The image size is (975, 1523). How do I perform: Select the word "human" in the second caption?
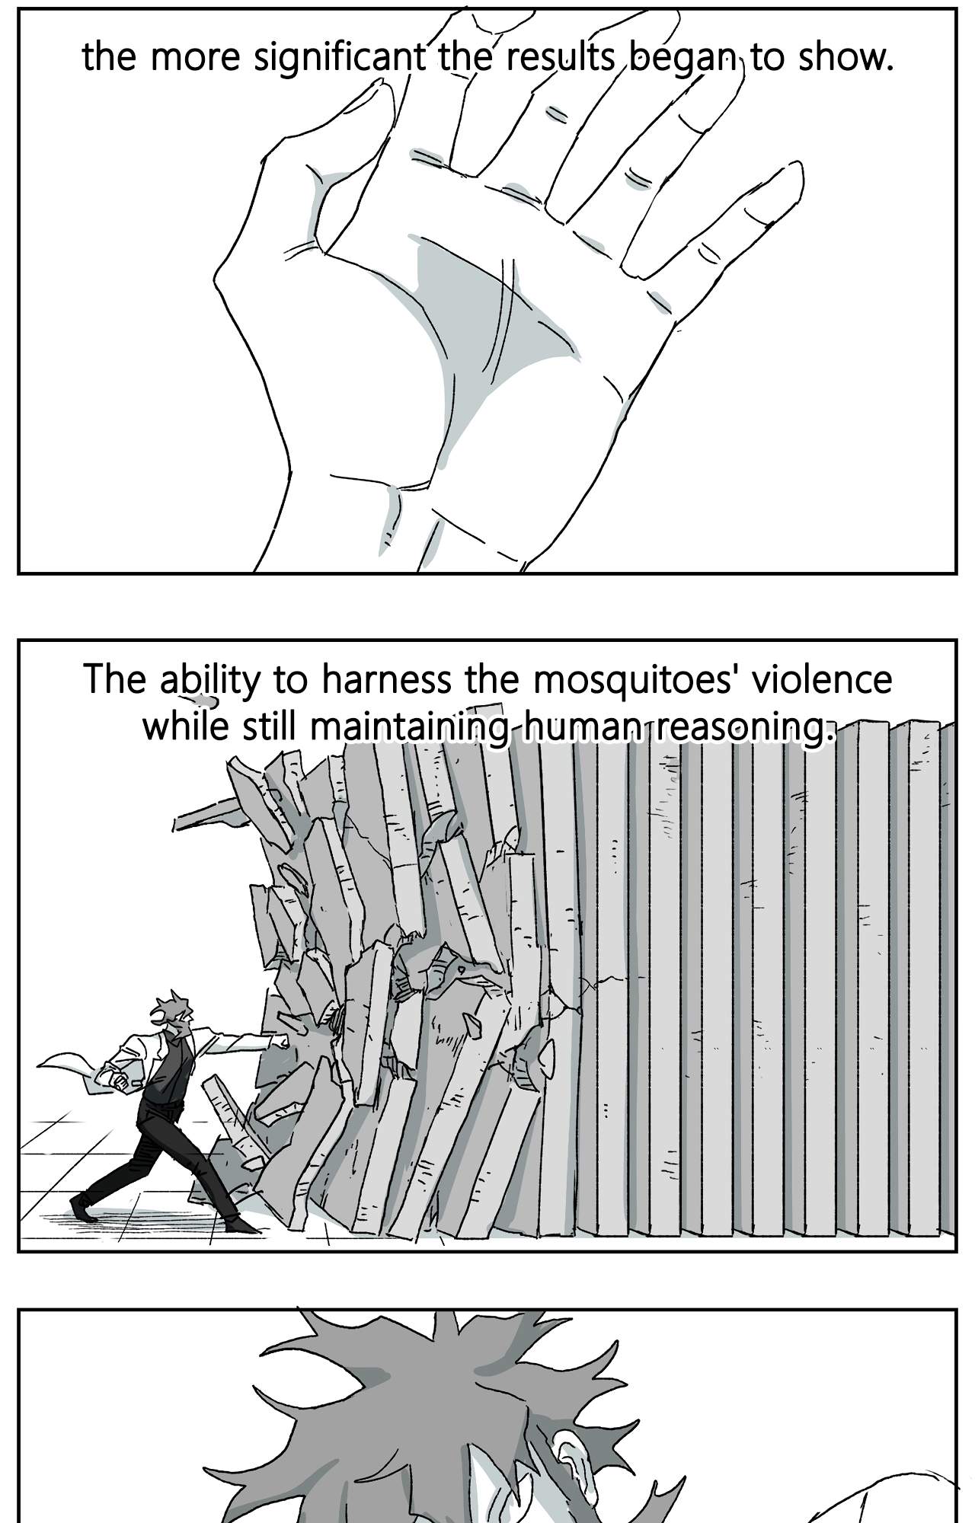point(582,728)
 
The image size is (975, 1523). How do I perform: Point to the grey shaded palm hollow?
point(487,320)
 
